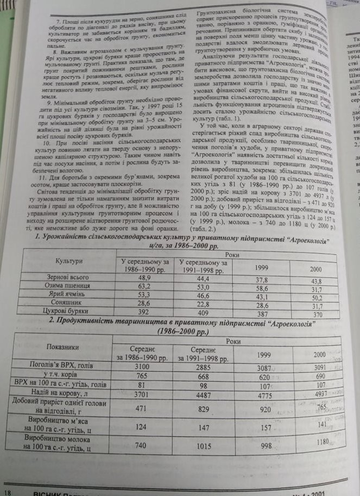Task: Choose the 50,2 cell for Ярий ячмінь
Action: tap(315, 297)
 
